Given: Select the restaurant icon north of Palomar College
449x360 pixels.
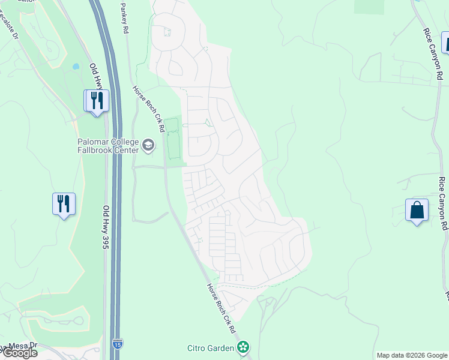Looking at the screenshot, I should pyautogui.click(x=96, y=100).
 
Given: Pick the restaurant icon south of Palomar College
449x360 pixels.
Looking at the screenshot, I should pyautogui.click(x=64, y=204).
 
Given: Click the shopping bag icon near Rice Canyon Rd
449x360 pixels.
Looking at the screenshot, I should pyautogui.click(x=417, y=211).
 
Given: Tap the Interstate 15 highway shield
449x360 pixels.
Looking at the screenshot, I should pyautogui.click(x=117, y=344).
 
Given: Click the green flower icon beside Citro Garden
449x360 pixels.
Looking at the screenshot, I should pyautogui.click(x=243, y=347).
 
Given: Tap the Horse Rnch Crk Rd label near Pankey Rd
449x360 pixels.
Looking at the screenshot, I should pyautogui.click(x=149, y=108).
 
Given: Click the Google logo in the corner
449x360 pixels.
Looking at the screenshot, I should pyautogui.click(x=19, y=353).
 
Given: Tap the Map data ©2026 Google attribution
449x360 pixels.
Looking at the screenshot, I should pyautogui.click(x=412, y=355).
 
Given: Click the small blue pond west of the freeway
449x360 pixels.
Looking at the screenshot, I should pyautogui.click(x=76, y=67).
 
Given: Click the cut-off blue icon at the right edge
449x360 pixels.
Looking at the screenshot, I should pyautogui.click(x=445, y=43).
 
